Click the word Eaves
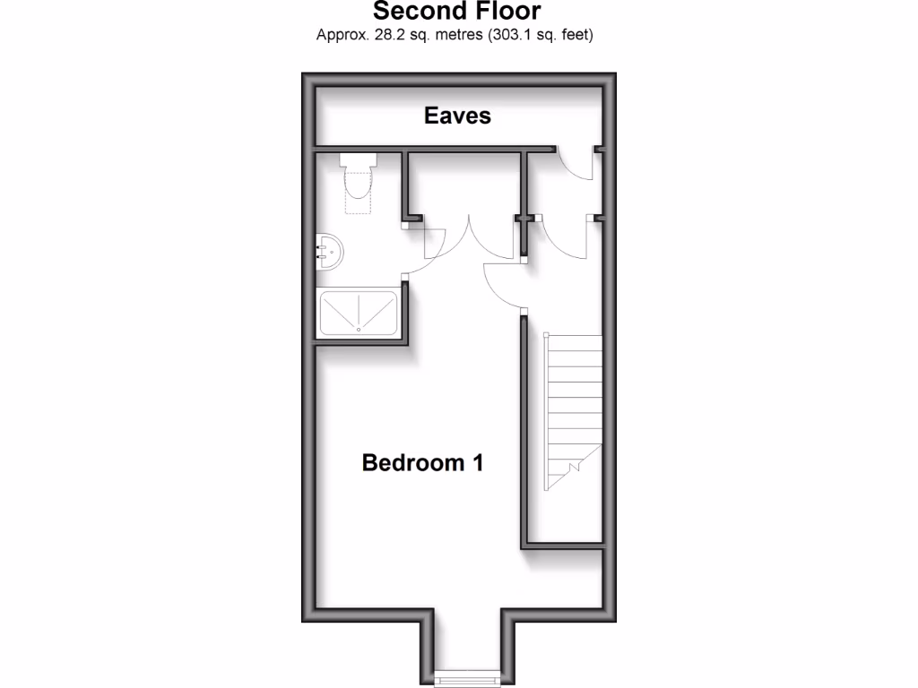point(457,116)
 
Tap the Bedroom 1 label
point(422,462)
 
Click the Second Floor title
point(456,12)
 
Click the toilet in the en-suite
point(358,183)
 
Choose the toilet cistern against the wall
point(358,160)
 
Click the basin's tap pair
point(321,252)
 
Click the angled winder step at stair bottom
point(567,475)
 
